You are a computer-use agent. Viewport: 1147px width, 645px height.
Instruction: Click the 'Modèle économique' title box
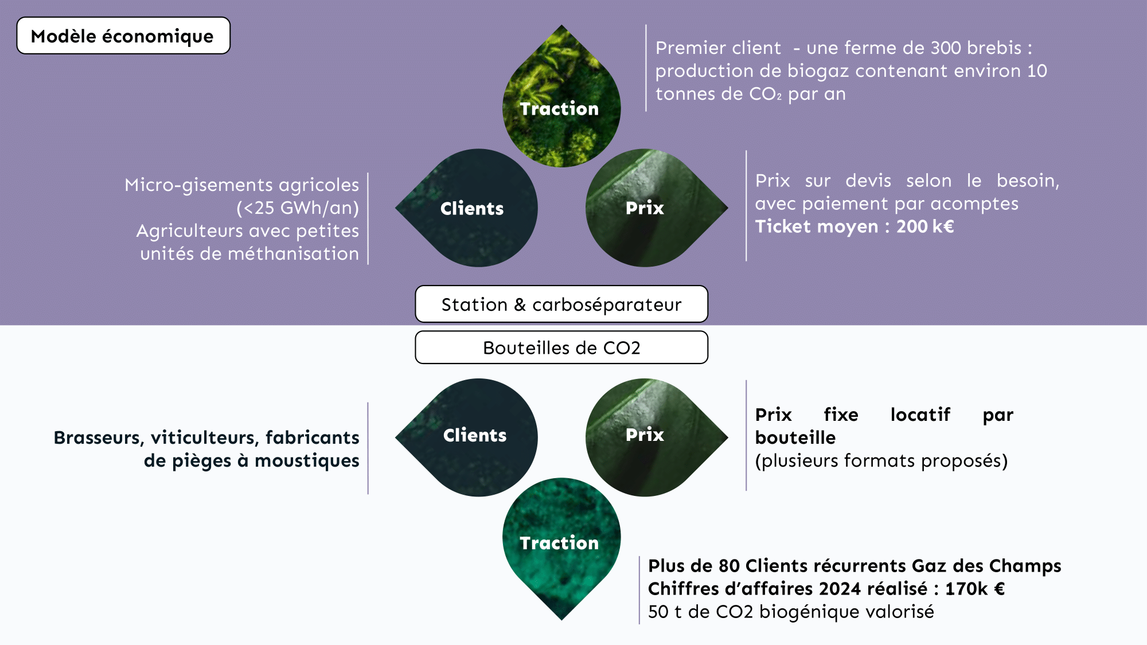[x=123, y=36]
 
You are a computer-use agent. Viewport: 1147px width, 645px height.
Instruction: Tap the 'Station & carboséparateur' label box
[x=561, y=304]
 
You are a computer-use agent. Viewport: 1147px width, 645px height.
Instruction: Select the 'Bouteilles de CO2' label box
[x=561, y=347]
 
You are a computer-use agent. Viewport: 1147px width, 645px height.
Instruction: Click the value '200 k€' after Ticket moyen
[x=925, y=226]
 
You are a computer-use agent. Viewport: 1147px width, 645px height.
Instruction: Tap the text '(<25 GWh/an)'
[x=298, y=208]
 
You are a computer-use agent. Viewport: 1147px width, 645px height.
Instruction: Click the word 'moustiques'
[x=307, y=461]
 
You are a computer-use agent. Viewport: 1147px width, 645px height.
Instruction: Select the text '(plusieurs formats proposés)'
[x=881, y=461]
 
